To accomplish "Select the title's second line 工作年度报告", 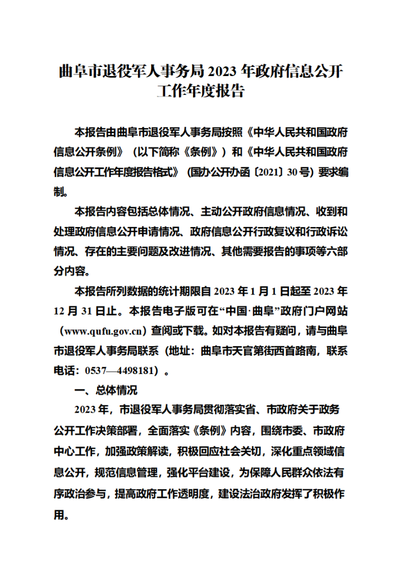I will [x=200, y=91].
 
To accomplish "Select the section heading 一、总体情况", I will [x=106, y=390].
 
